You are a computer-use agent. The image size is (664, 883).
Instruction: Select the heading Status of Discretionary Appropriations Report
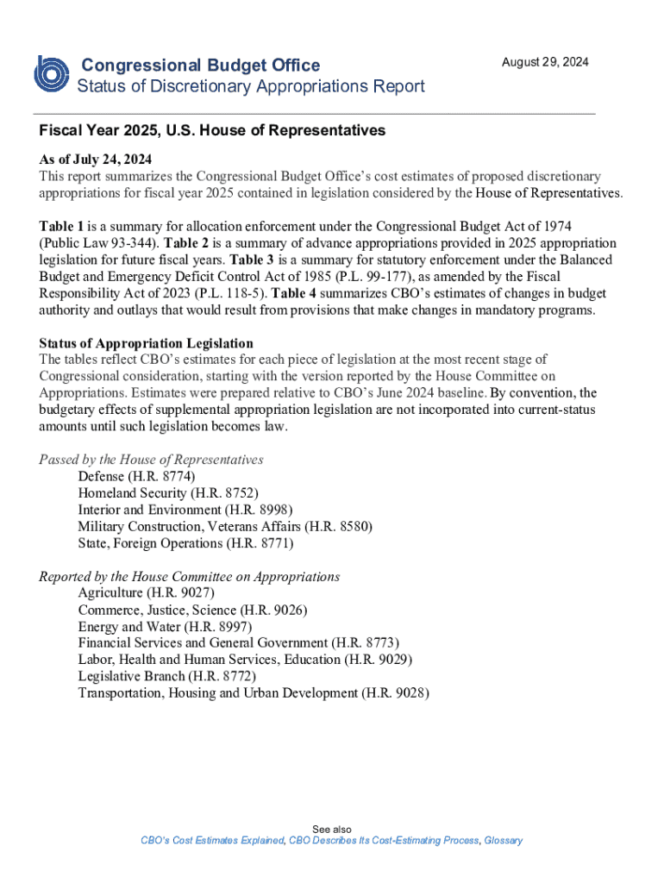251,86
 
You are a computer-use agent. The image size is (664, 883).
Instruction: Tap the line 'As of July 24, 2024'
95,160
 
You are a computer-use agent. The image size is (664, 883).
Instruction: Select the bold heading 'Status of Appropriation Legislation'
146,343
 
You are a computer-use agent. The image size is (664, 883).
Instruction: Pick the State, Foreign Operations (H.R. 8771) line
185,543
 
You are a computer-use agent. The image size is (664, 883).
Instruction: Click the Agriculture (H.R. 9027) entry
147,592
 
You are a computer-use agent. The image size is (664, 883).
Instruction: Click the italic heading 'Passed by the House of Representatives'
151,460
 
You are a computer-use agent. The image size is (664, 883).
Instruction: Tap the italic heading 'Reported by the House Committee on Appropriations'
189,576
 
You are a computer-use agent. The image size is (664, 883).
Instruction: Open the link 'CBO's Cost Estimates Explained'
212,841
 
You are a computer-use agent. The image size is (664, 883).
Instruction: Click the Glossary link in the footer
503,841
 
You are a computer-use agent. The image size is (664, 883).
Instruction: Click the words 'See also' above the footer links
332,829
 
